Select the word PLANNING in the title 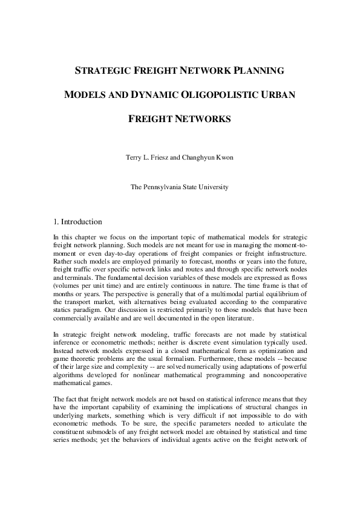[x=257, y=71]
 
